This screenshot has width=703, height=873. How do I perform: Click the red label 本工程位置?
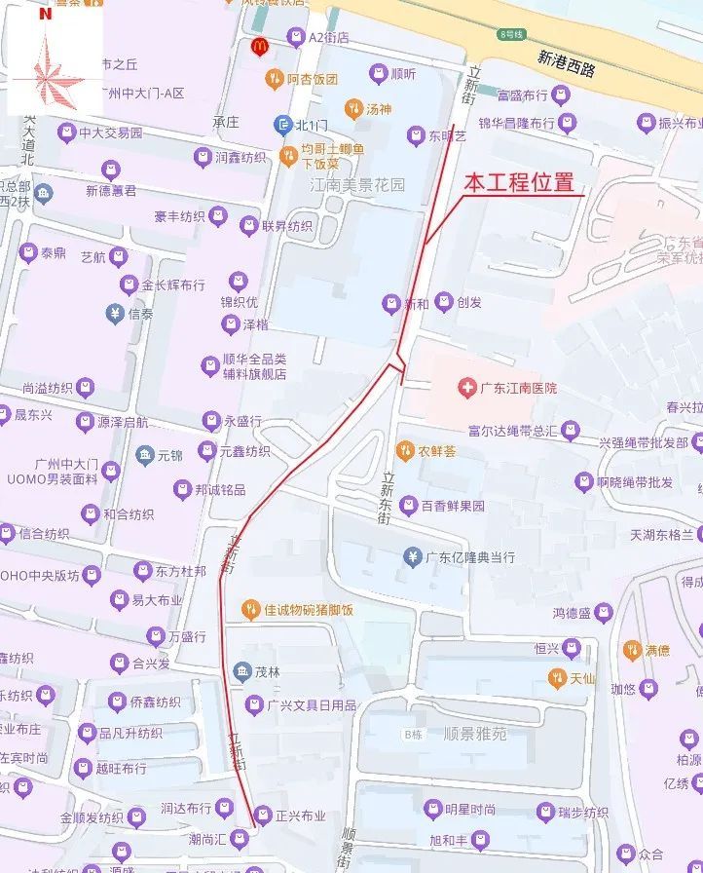[516, 182]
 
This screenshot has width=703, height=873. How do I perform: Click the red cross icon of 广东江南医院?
[467, 388]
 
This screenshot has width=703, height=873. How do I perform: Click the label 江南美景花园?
[356, 183]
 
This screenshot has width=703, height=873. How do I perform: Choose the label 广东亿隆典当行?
[470, 557]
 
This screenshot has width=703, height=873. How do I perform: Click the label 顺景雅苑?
[474, 734]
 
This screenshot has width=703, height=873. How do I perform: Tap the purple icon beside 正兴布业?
[263, 816]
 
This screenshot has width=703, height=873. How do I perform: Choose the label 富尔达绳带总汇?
[512, 430]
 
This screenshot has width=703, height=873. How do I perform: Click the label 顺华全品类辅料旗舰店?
[254, 366]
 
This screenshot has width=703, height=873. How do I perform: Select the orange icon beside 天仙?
[556, 677]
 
